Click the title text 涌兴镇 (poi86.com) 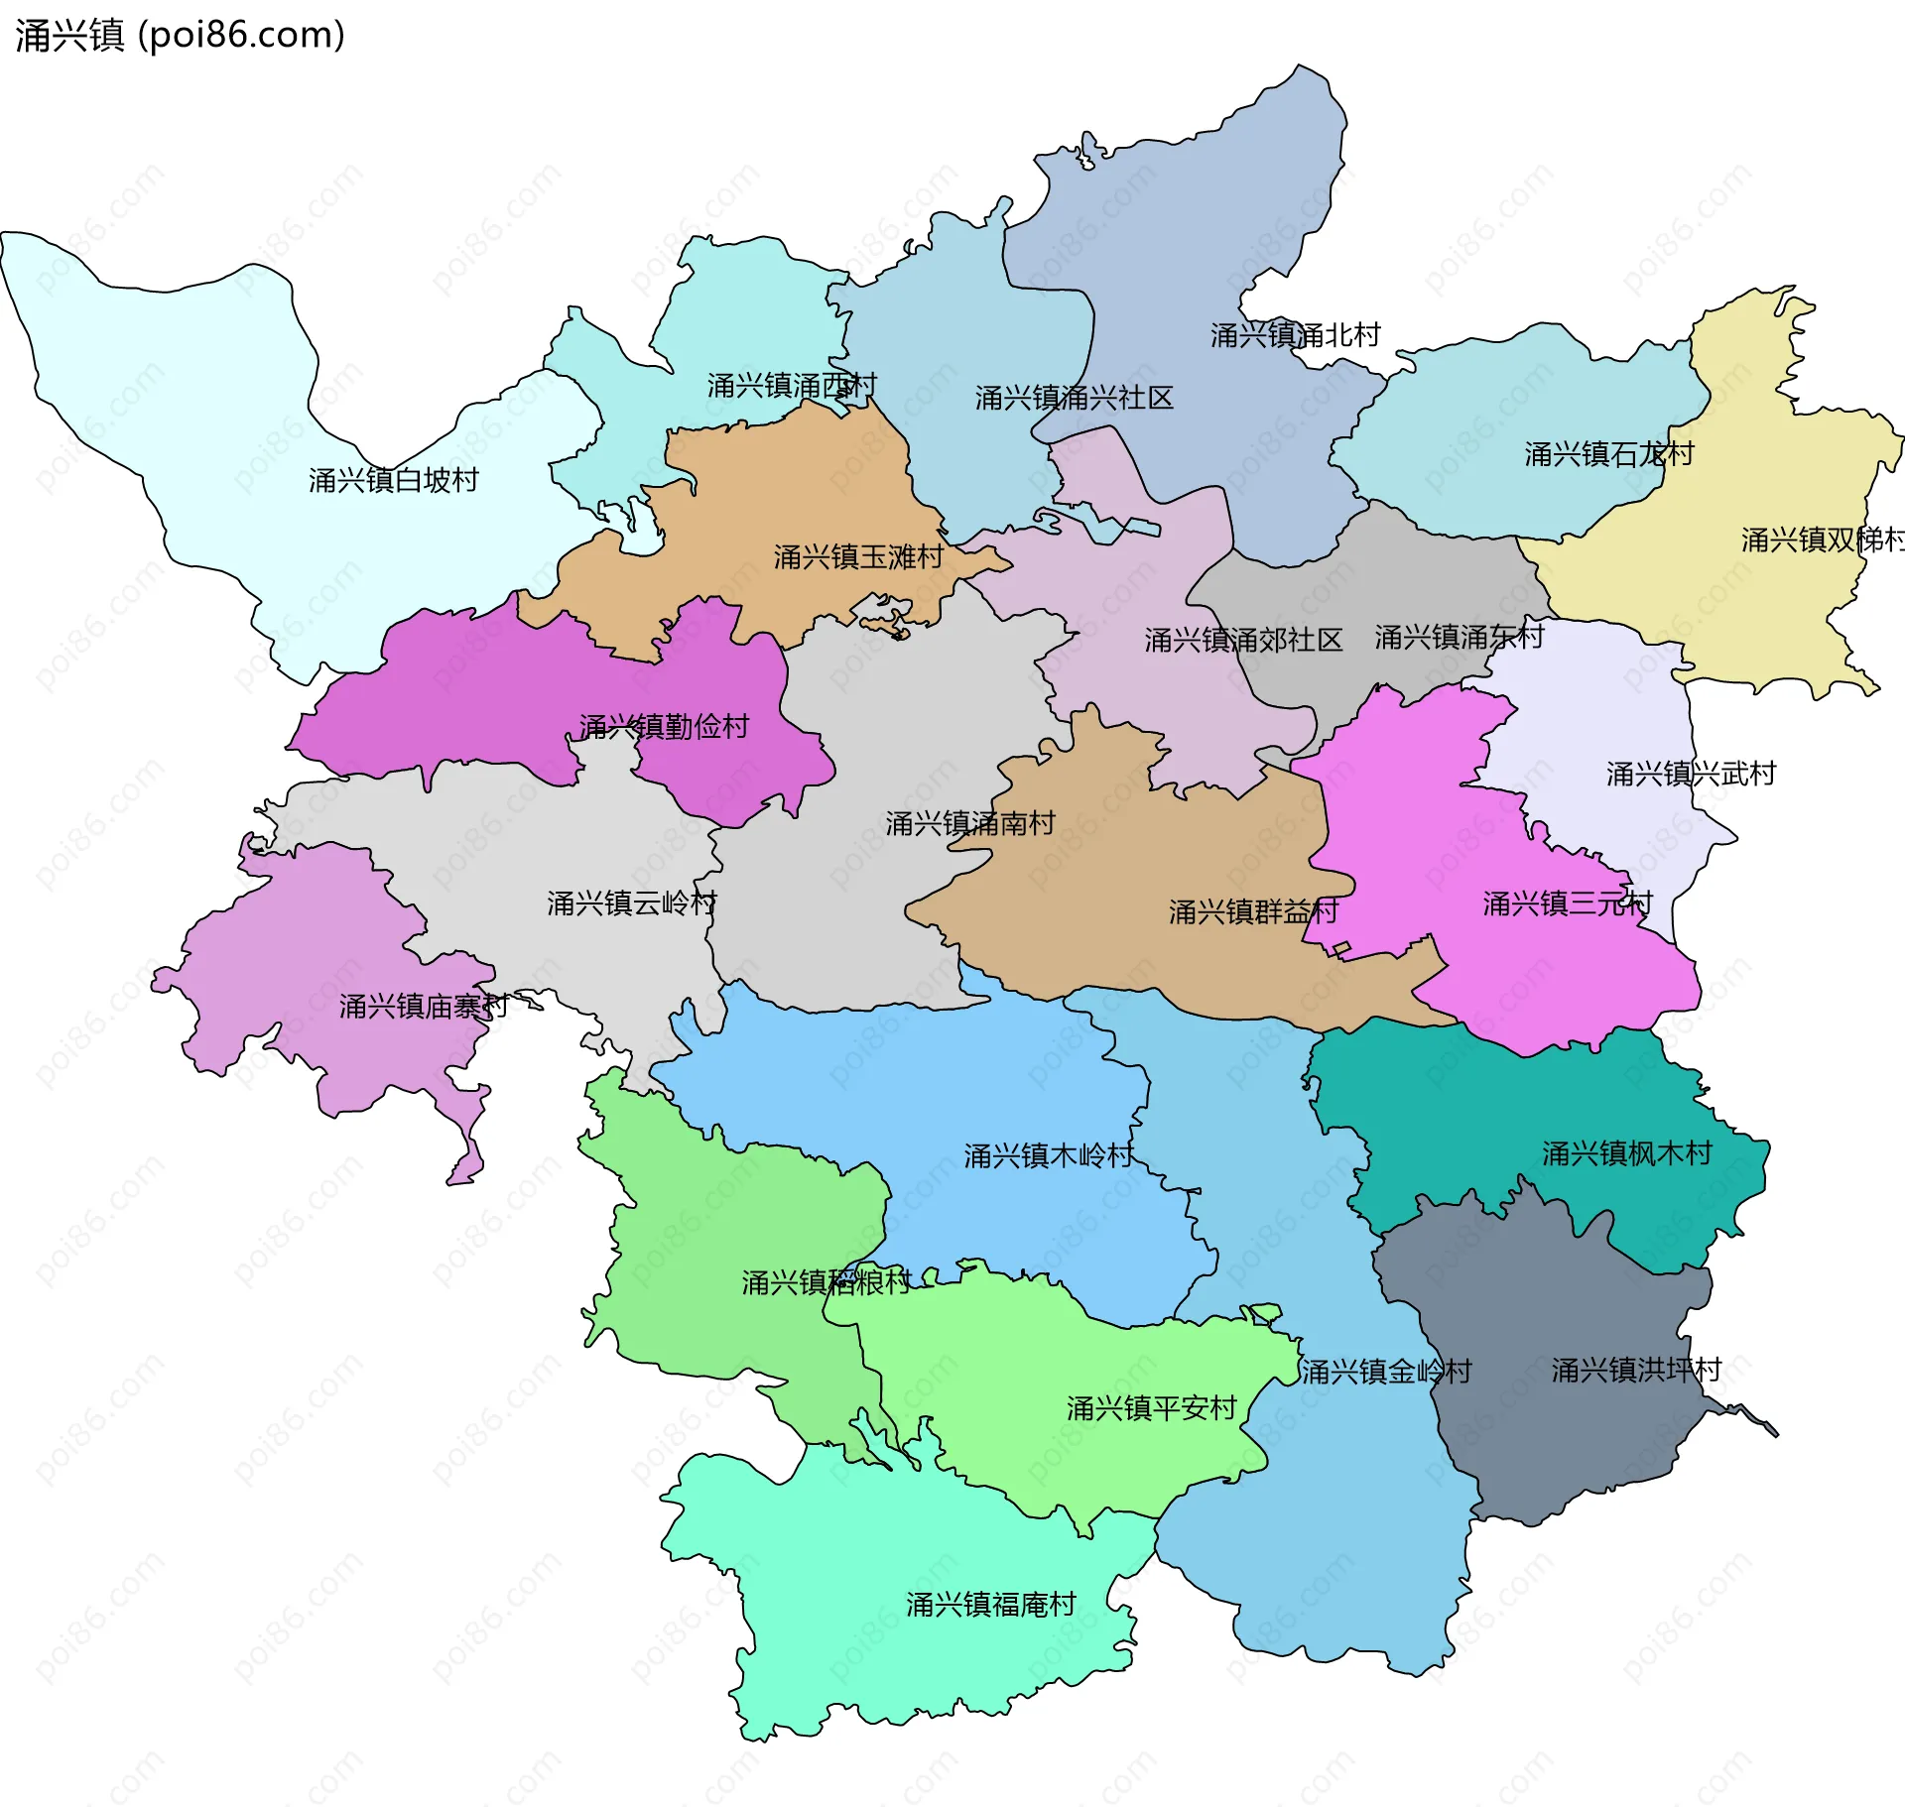(180, 35)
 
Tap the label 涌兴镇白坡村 (393, 481)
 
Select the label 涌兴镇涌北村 (1295, 335)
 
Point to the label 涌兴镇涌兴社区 (1074, 399)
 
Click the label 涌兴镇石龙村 (1608, 454)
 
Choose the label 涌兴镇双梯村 (1823, 540)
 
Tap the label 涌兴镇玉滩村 (858, 557)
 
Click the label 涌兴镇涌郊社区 (1242, 640)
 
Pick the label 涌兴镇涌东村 (1459, 637)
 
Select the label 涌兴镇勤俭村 (664, 727)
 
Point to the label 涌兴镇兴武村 (1691, 774)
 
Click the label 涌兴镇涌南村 (969, 823)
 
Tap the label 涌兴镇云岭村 (631, 903)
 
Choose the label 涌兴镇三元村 (1567, 903)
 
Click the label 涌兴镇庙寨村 (424, 1007)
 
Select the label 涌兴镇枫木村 (1626, 1153)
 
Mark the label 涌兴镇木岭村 (1048, 1155)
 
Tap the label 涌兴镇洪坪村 (1636, 1370)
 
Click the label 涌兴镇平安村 (1151, 1408)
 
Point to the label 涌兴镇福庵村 (990, 1605)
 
